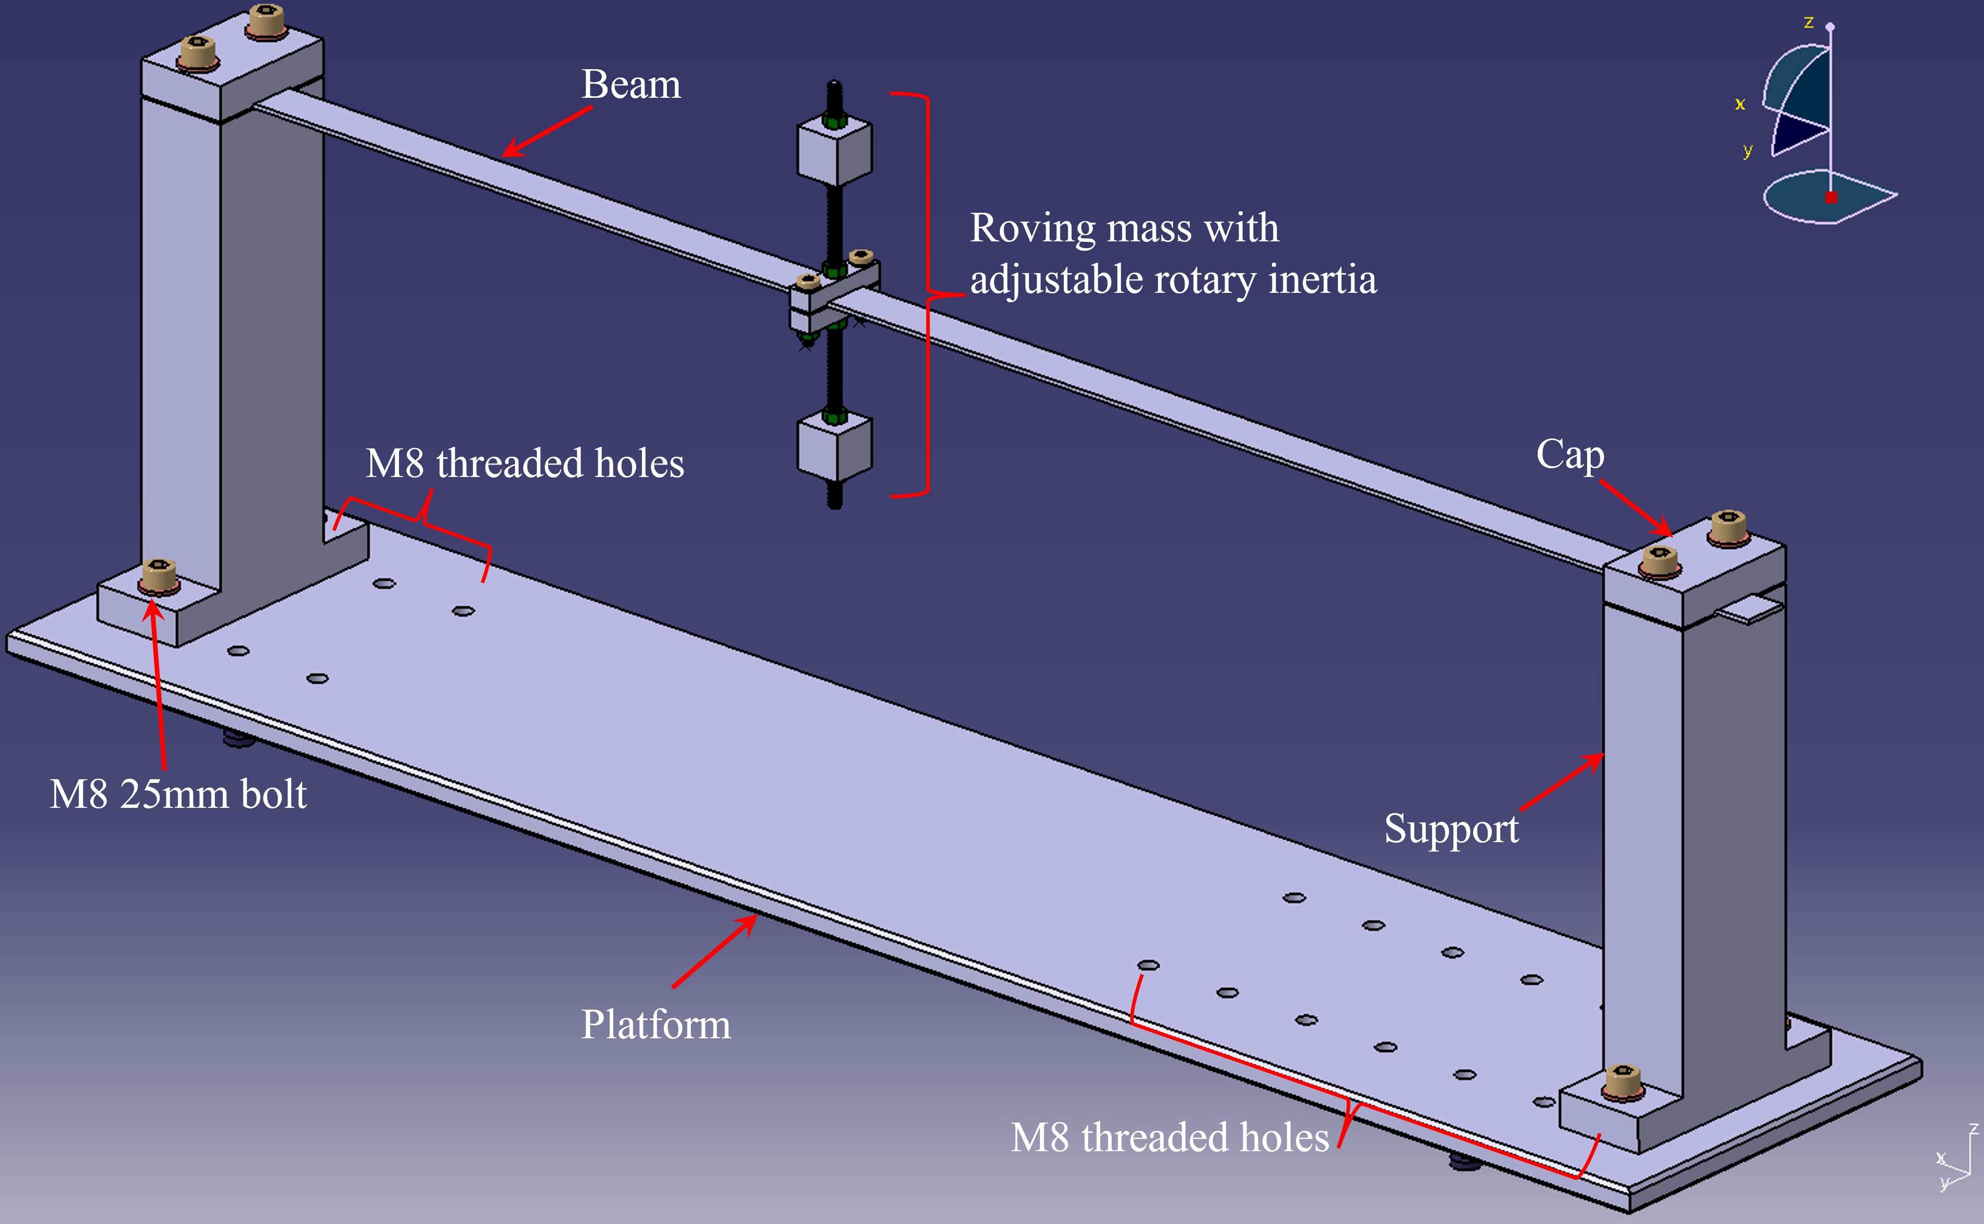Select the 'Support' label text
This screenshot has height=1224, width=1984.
click(x=1451, y=828)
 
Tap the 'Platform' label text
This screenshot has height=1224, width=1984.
click(x=655, y=1024)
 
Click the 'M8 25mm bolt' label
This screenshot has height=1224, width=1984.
click(x=178, y=794)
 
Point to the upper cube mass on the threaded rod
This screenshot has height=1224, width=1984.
click(x=834, y=152)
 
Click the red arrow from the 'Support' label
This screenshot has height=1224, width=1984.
click(x=1562, y=782)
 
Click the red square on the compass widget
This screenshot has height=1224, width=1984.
click(x=1831, y=197)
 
